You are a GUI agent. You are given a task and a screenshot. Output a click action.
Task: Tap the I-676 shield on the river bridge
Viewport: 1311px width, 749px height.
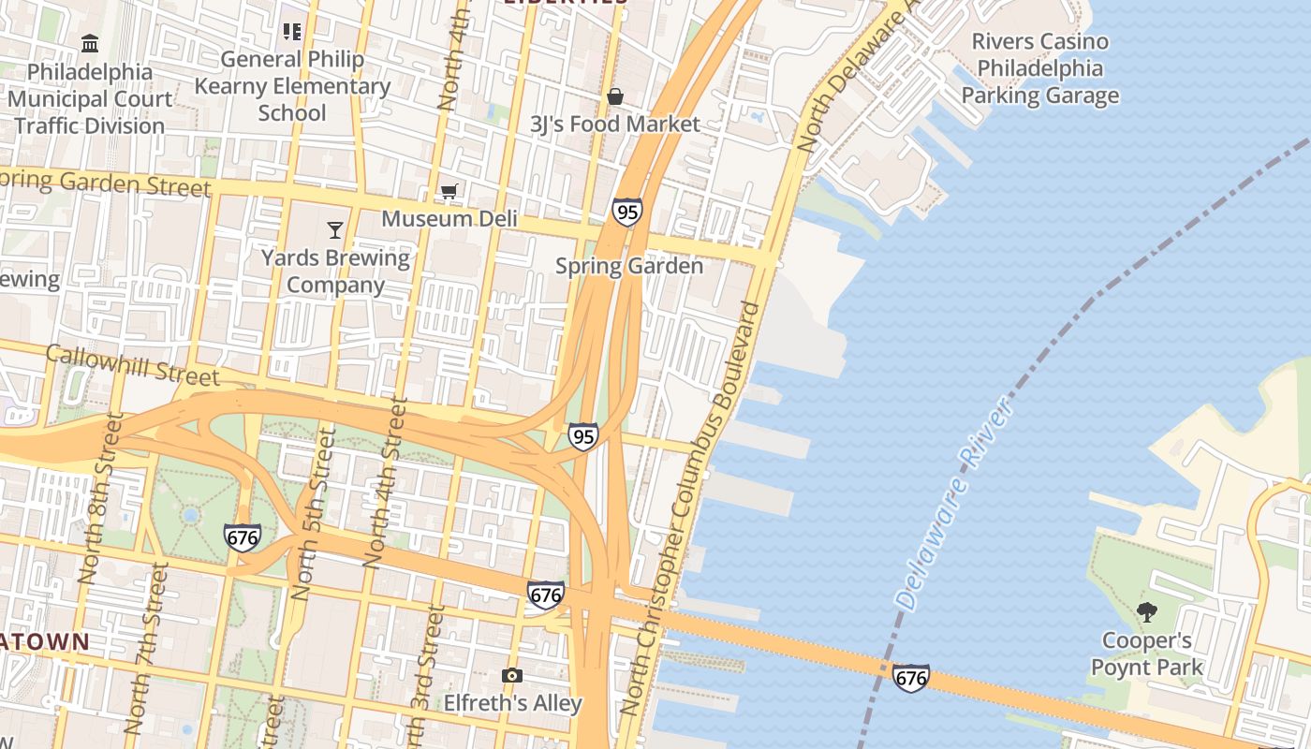point(910,678)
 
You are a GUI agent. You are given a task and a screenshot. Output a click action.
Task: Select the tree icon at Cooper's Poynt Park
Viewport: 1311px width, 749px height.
point(1146,613)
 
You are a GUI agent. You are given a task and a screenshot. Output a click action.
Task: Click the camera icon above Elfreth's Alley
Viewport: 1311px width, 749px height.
point(511,675)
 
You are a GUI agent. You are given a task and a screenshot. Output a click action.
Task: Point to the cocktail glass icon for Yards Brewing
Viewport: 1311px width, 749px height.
point(335,229)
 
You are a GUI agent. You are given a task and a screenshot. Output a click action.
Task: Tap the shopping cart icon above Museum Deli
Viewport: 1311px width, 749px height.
point(449,192)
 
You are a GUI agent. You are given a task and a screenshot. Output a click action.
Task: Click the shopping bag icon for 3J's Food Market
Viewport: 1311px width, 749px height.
point(615,96)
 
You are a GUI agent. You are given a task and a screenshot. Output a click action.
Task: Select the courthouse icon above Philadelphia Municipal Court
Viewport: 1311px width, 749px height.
point(90,43)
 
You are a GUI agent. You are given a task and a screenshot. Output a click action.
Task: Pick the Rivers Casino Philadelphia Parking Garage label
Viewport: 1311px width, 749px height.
point(1039,68)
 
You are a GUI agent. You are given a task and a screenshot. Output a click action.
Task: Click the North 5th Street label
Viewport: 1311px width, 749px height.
point(313,513)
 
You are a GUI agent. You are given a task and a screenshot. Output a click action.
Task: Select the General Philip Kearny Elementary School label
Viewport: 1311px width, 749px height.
point(292,86)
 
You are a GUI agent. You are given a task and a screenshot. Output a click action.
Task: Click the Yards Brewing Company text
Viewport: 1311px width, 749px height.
point(335,271)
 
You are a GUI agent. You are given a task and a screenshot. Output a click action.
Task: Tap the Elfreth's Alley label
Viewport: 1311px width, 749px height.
point(512,702)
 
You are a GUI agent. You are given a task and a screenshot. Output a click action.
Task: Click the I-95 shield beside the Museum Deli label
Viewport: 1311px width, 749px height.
point(627,213)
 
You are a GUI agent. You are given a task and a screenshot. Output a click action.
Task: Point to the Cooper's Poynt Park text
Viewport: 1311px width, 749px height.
point(1146,654)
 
